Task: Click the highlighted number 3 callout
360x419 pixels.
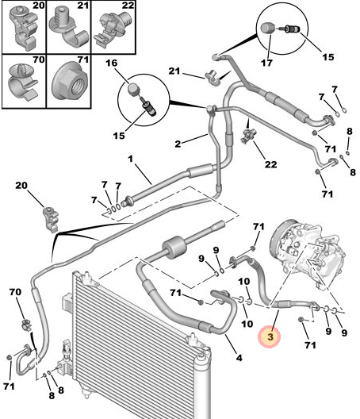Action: [x=270, y=336]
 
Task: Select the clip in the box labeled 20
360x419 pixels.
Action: [x=24, y=28]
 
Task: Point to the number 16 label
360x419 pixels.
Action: [x=111, y=63]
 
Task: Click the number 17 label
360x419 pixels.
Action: [x=266, y=63]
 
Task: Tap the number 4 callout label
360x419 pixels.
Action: [x=239, y=358]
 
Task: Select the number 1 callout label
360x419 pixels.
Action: [x=130, y=159]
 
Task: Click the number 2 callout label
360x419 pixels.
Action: [x=178, y=144]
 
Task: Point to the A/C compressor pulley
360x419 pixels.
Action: [x=279, y=240]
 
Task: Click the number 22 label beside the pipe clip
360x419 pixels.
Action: [x=270, y=164]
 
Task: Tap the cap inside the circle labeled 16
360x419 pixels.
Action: [x=132, y=88]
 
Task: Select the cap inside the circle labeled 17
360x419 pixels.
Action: [x=267, y=28]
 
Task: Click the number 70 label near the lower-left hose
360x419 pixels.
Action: [x=15, y=292]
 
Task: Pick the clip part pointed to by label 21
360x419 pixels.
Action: [x=213, y=78]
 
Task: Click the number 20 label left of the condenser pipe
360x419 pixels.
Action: [x=21, y=185]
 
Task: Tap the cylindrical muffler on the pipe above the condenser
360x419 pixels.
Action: [x=174, y=247]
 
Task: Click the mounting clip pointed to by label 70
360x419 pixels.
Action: [x=26, y=324]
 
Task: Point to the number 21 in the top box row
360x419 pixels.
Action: [x=83, y=6]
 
